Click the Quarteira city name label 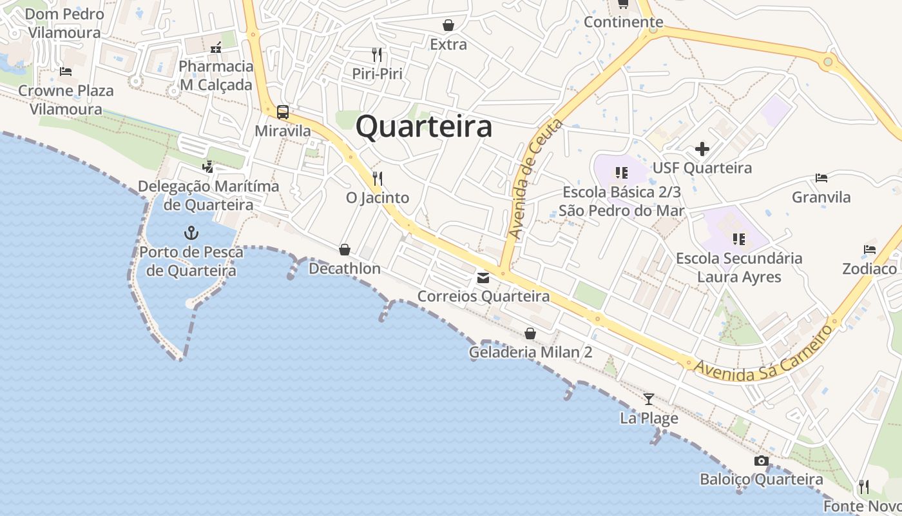424,126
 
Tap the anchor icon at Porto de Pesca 191,233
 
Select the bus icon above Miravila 282,112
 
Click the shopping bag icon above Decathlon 345,250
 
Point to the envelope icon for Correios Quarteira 483,278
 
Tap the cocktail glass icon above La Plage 649,399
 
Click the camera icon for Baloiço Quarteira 761,461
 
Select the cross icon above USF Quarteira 702,150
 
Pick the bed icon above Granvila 821,178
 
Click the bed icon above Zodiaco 869,250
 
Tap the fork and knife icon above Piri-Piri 377,54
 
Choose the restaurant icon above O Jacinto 377,178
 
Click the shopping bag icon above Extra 448,26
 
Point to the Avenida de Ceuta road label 535,179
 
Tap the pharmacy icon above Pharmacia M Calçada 216,47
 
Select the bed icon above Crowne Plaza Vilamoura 65,72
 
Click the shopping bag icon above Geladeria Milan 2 530,333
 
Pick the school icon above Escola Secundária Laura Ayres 738,239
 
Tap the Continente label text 623,22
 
